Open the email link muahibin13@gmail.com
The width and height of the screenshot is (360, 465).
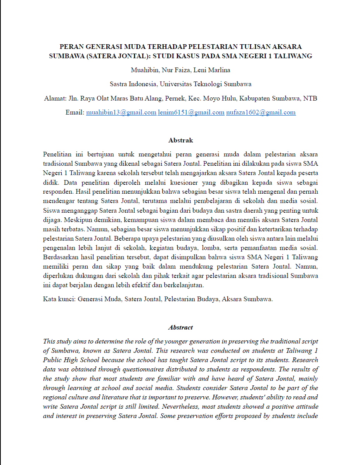coord(121,113)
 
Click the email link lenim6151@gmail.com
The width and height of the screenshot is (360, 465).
coord(191,113)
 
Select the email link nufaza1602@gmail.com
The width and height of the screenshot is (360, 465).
coord(261,113)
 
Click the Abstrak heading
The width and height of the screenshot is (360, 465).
coord(180,140)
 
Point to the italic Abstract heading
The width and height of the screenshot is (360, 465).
coord(180,327)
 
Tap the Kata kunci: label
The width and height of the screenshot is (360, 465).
coord(59,299)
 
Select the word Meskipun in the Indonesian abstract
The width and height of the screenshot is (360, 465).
coord(74,220)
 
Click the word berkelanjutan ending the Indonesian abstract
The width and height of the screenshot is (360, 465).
coord(184,285)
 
